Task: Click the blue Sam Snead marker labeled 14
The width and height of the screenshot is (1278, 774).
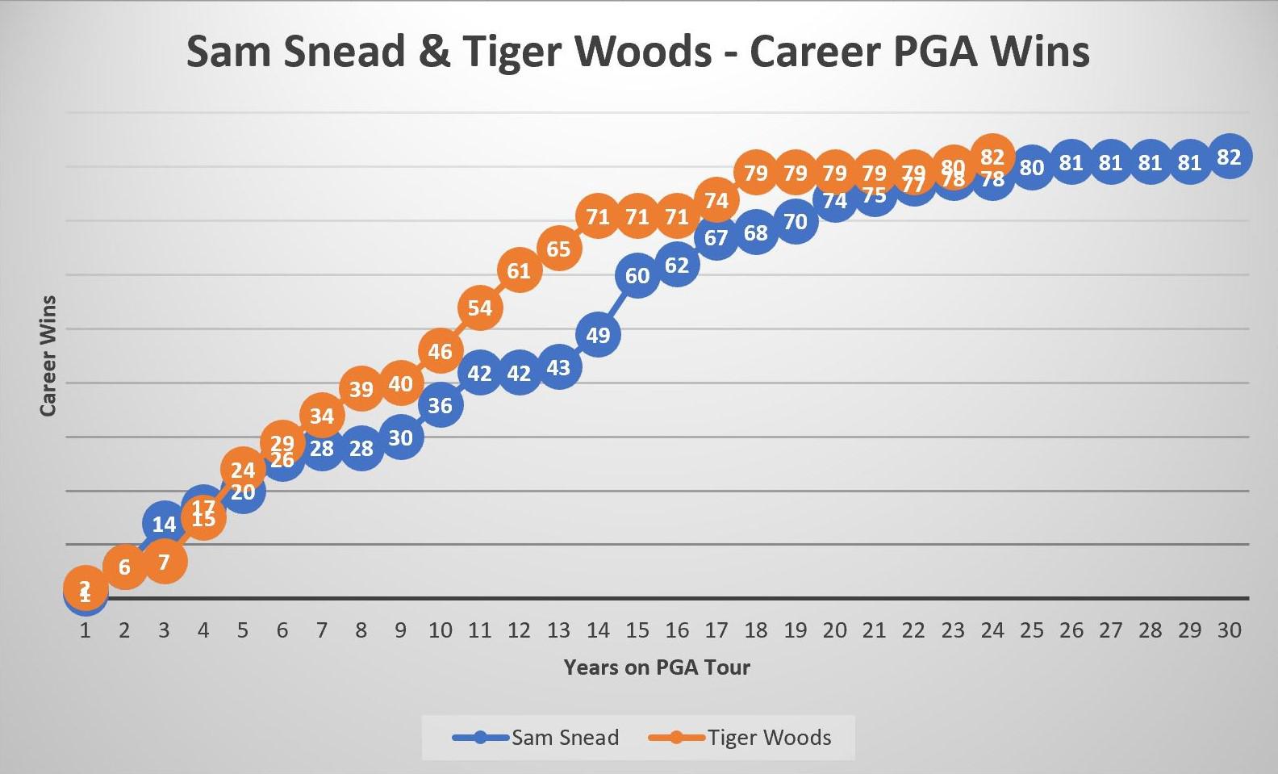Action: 164,524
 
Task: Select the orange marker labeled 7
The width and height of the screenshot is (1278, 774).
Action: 164,562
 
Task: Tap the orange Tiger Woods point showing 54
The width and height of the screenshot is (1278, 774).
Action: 479,308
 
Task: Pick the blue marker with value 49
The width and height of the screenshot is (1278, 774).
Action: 598,335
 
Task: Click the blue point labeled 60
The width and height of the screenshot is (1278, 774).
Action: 637,276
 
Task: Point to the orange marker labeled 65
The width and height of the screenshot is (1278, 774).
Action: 558,249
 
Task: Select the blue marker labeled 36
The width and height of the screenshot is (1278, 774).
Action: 440,405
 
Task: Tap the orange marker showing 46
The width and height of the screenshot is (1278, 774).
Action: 440,351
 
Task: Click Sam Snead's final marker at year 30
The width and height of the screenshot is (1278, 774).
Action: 1229,157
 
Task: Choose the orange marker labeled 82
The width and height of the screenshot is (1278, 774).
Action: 992,157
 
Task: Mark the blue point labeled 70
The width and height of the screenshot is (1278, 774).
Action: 796,222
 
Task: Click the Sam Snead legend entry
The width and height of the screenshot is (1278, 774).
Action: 537,737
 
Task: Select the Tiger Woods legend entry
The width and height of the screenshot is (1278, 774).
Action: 740,737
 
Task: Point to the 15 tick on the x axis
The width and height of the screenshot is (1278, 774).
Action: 637,630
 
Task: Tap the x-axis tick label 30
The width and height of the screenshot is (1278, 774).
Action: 1229,630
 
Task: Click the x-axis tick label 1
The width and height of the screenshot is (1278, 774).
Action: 85,630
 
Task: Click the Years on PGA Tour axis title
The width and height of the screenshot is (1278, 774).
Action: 657,667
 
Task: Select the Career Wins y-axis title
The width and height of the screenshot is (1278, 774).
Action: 48,356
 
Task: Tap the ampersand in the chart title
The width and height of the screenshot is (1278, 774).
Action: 434,51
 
